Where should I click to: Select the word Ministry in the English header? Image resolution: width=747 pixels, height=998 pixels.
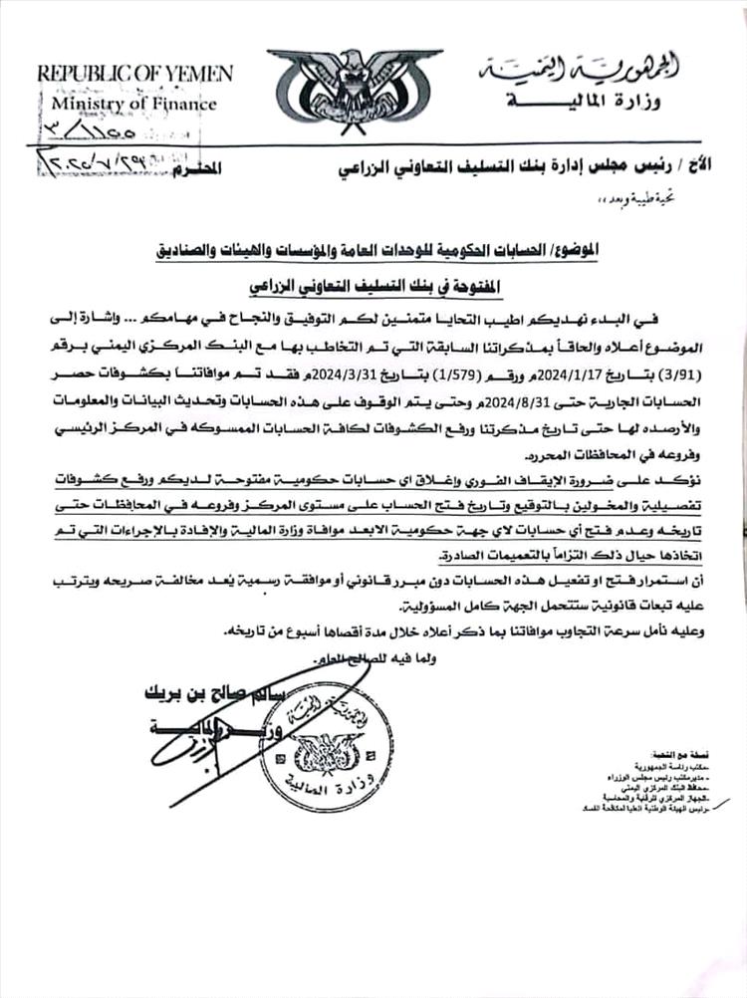point(99,103)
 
